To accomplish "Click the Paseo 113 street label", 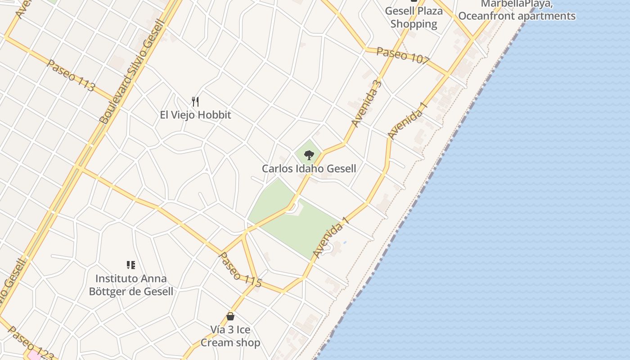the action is click(71, 75).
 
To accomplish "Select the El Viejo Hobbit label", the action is click(195, 115).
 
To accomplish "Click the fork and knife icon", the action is click(195, 101).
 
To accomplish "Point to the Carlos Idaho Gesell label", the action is click(309, 169).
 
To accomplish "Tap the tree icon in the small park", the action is click(309, 155).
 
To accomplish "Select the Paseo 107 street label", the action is click(403, 55).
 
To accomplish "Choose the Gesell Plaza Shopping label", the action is click(414, 17).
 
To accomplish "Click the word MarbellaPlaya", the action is click(517, 4).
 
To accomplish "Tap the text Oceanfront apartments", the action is click(517, 16).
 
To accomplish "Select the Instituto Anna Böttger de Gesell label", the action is click(131, 285).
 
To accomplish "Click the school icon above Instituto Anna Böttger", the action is click(131, 265).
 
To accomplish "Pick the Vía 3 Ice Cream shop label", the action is click(230, 336).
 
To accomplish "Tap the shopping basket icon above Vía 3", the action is click(230, 316).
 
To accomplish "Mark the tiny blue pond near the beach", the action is click(345, 243).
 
